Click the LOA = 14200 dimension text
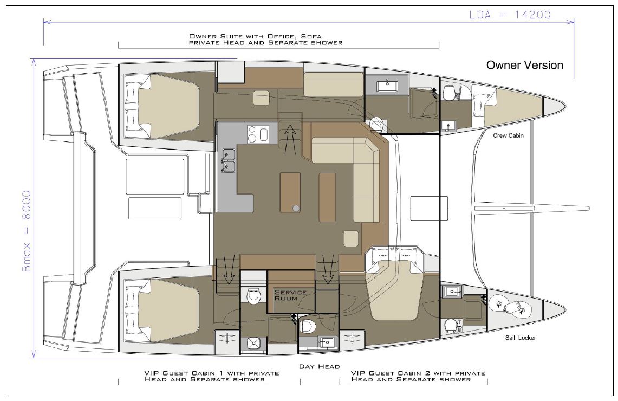pos(510,15)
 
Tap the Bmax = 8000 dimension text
pos(27,231)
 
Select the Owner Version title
pos(525,65)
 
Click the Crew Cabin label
pos(509,135)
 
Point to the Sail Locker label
pos(521,338)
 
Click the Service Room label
pos(290,295)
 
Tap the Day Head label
pos(319,367)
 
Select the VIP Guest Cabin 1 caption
pos(212,376)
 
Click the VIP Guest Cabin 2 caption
pos(418,376)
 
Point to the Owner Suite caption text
pos(265,40)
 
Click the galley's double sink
pos(228,161)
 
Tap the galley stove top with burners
pos(258,134)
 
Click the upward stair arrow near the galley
pos(290,139)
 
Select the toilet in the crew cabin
pos(450,93)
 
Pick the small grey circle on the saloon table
pos(296,208)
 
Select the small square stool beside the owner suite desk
pos(262,98)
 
